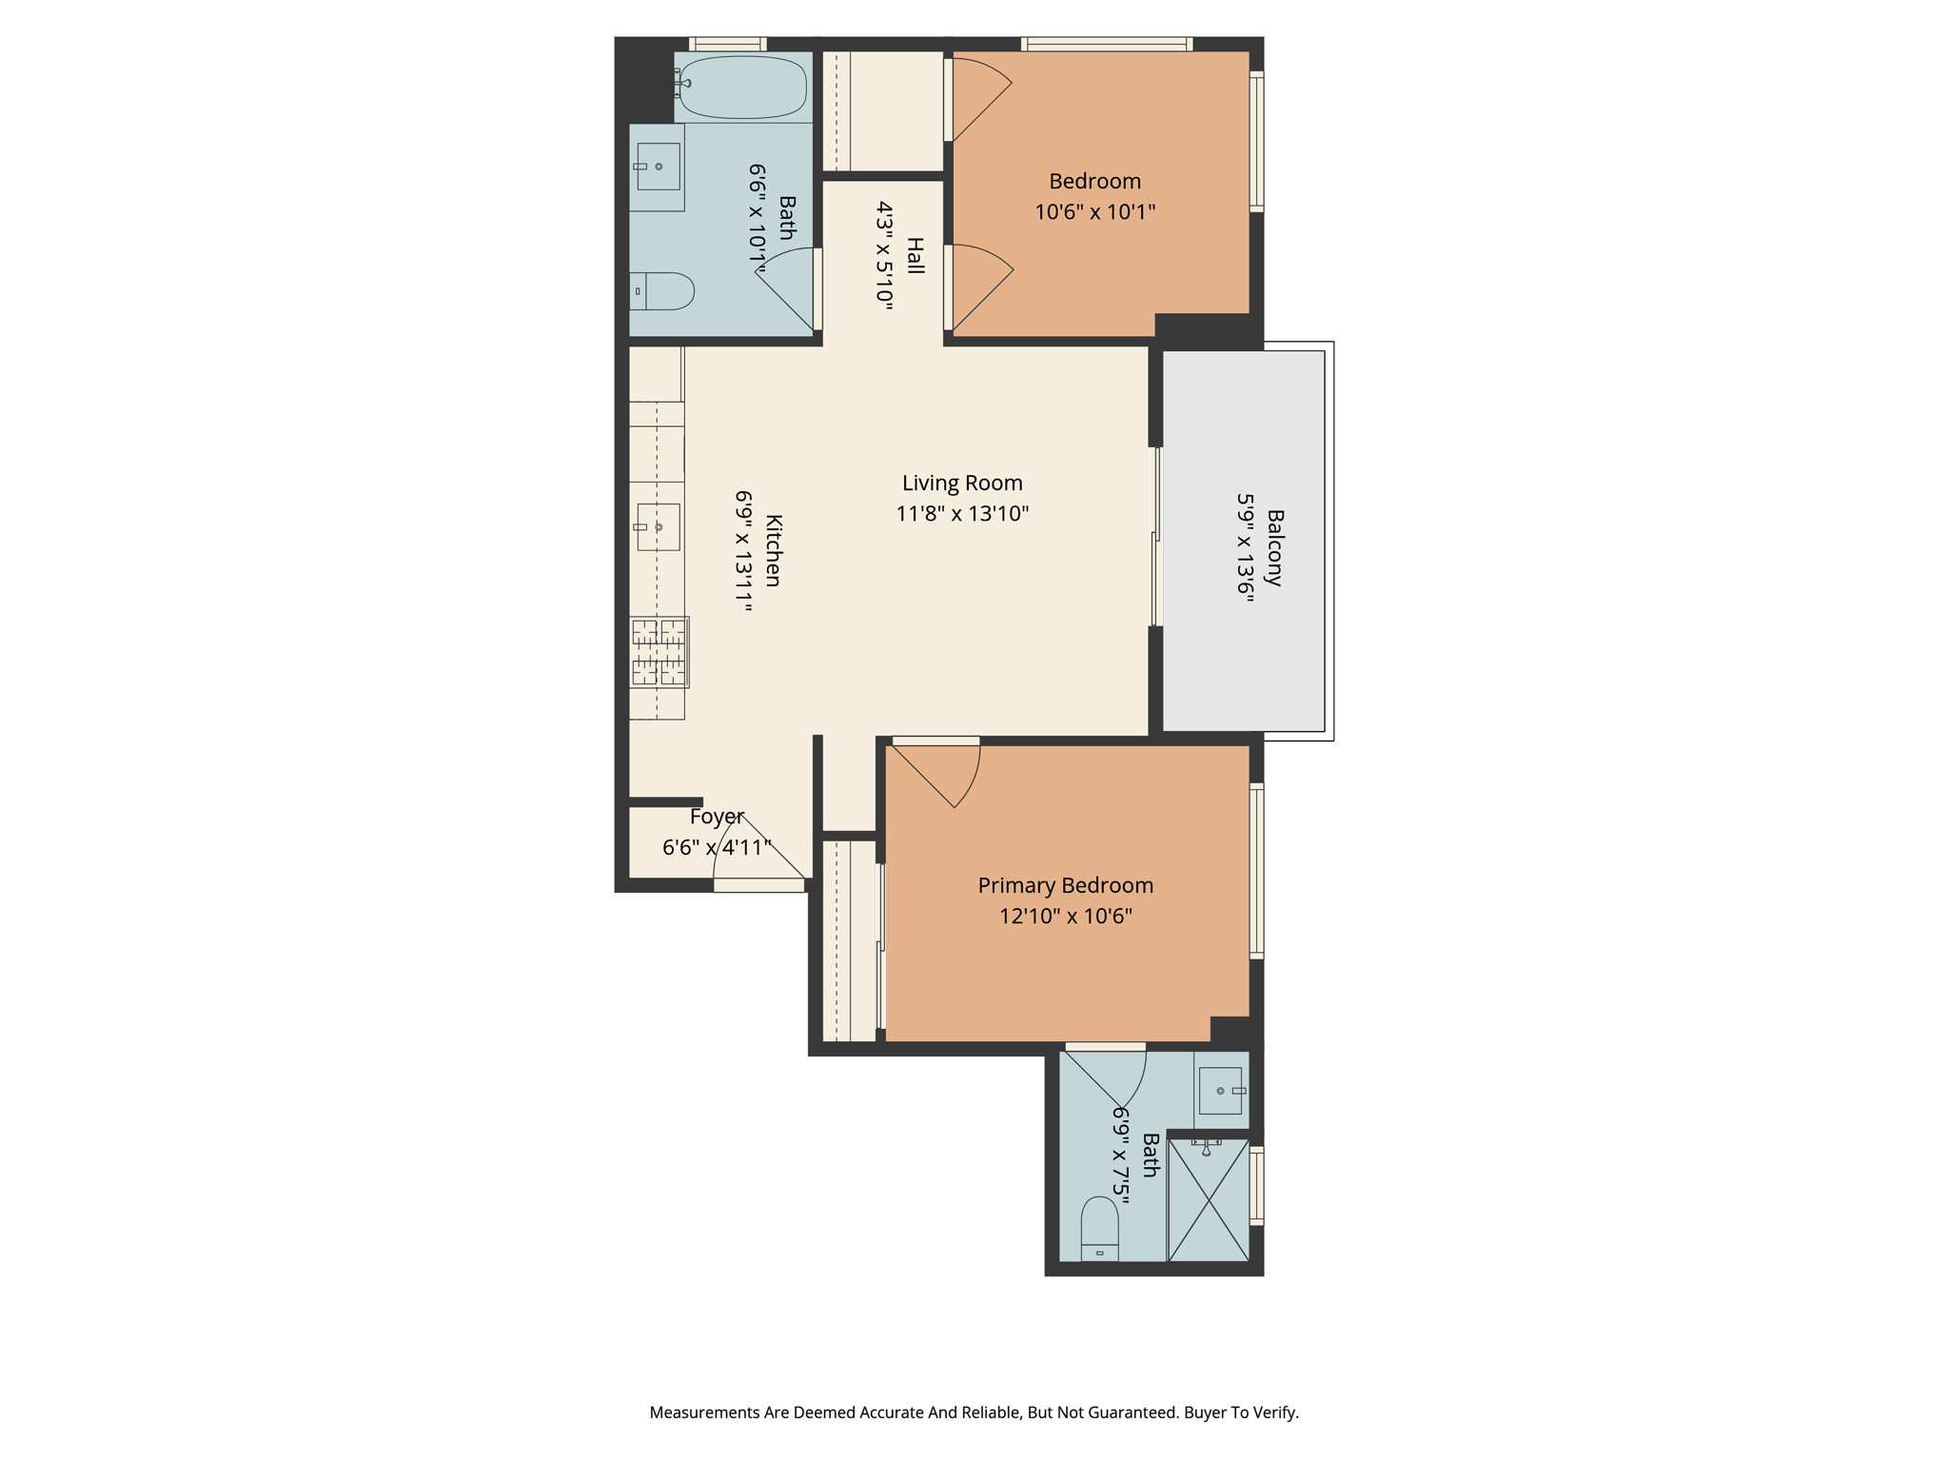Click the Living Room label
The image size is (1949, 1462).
(962, 484)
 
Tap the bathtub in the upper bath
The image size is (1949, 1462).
(743, 87)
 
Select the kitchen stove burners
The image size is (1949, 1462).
(659, 652)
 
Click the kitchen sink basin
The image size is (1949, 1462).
(659, 527)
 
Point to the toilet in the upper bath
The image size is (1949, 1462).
(662, 291)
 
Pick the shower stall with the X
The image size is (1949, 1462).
(1209, 1200)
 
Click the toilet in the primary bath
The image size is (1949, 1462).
(1099, 1229)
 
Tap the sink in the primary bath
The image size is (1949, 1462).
(1221, 1091)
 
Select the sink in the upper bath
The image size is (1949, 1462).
(659, 167)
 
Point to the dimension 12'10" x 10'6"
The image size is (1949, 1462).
(1066, 917)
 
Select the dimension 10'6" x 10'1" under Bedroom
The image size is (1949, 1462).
(1095, 211)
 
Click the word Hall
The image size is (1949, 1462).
(915, 256)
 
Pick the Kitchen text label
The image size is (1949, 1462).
(774, 551)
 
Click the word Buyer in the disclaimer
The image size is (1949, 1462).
(1206, 1413)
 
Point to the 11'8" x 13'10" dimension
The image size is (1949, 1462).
(962, 514)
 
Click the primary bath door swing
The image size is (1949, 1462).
(1105, 1076)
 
